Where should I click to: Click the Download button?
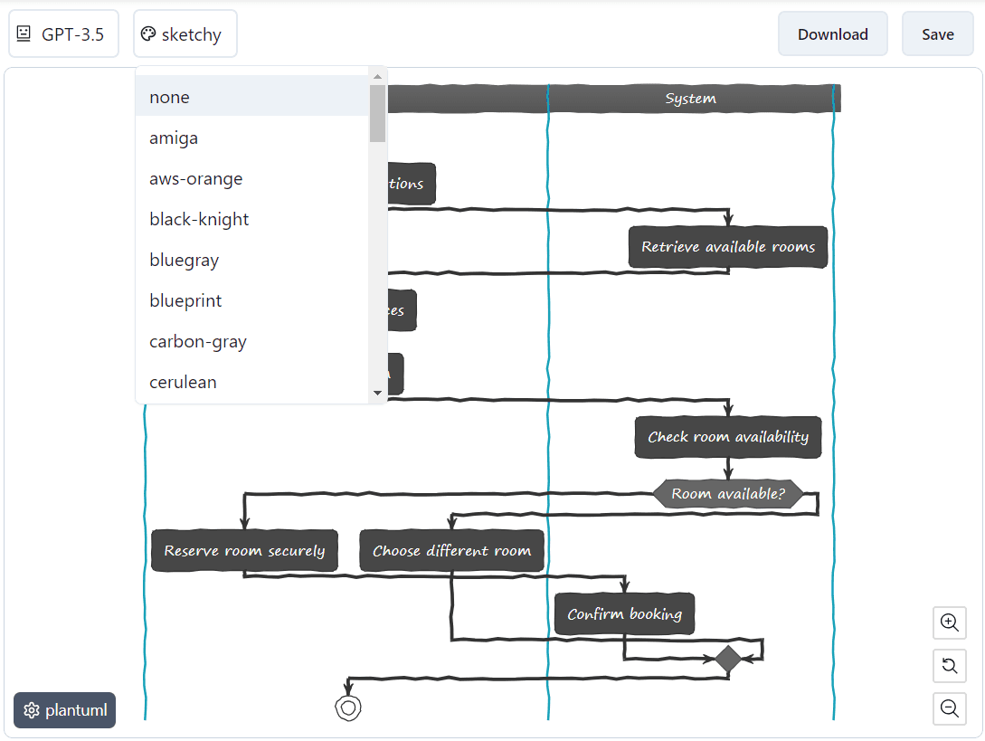tap(832, 34)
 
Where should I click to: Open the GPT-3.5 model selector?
tap(63, 34)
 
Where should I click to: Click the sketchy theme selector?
tap(185, 34)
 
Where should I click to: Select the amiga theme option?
tap(174, 138)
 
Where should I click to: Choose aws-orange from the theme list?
tap(195, 178)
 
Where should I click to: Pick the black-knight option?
tap(199, 219)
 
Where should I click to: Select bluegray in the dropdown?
tap(185, 260)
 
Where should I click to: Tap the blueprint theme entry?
tap(185, 300)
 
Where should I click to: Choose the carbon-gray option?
tap(198, 341)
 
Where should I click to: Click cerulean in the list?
tap(183, 382)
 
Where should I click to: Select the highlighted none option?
tap(170, 97)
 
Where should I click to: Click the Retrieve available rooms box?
tap(728, 247)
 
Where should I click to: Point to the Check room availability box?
tap(728, 437)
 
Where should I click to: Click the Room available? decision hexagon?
tap(728, 494)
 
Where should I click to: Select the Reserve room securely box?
tap(244, 550)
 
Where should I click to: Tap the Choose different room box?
tap(451, 550)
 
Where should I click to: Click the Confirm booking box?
tap(624, 614)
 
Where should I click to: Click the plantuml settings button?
tap(64, 710)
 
